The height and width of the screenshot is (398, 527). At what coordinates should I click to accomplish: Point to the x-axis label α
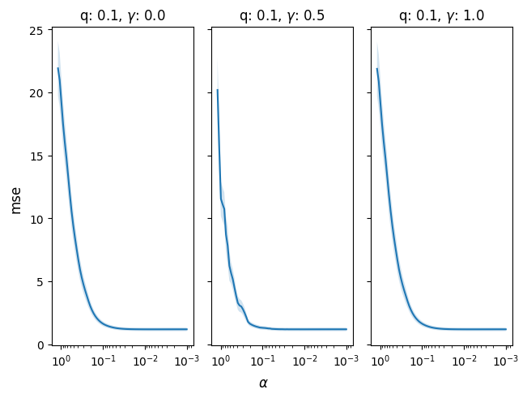point(263,383)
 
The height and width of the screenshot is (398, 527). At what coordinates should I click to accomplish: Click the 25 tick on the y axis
point(36,31)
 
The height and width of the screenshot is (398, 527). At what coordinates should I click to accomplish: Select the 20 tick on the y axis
point(36,93)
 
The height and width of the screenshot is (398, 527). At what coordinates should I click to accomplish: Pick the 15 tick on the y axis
point(36,156)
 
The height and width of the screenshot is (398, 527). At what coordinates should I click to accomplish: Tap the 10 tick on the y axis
point(36,219)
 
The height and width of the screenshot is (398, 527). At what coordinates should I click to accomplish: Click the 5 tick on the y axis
point(39,282)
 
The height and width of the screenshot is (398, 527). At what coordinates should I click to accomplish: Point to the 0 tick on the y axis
point(39,345)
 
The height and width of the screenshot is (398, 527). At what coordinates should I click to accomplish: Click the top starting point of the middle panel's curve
point(218,90)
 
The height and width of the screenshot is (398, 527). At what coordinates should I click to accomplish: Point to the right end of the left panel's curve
point(187,329)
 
